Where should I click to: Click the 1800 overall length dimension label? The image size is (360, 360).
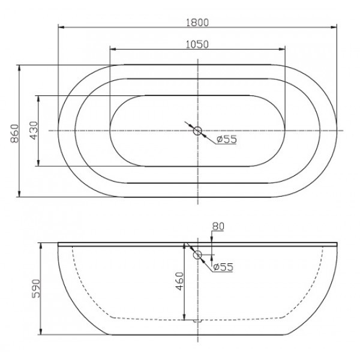(197, 22)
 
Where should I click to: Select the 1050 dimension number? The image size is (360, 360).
(197, 44)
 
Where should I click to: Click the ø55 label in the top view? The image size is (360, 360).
(227, 139)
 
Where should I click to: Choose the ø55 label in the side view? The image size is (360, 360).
(223, 267)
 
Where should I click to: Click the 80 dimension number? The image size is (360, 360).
(217, 226)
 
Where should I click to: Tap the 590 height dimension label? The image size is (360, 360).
(35, 288)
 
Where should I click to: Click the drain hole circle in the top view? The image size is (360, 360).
(197, 130)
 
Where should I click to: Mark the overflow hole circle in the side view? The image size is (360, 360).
(197, 254)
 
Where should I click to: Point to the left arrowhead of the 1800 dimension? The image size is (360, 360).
(61, 27)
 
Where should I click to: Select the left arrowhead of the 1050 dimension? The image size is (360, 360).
(112, 49)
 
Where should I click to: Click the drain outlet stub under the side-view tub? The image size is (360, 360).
(197, 322)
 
